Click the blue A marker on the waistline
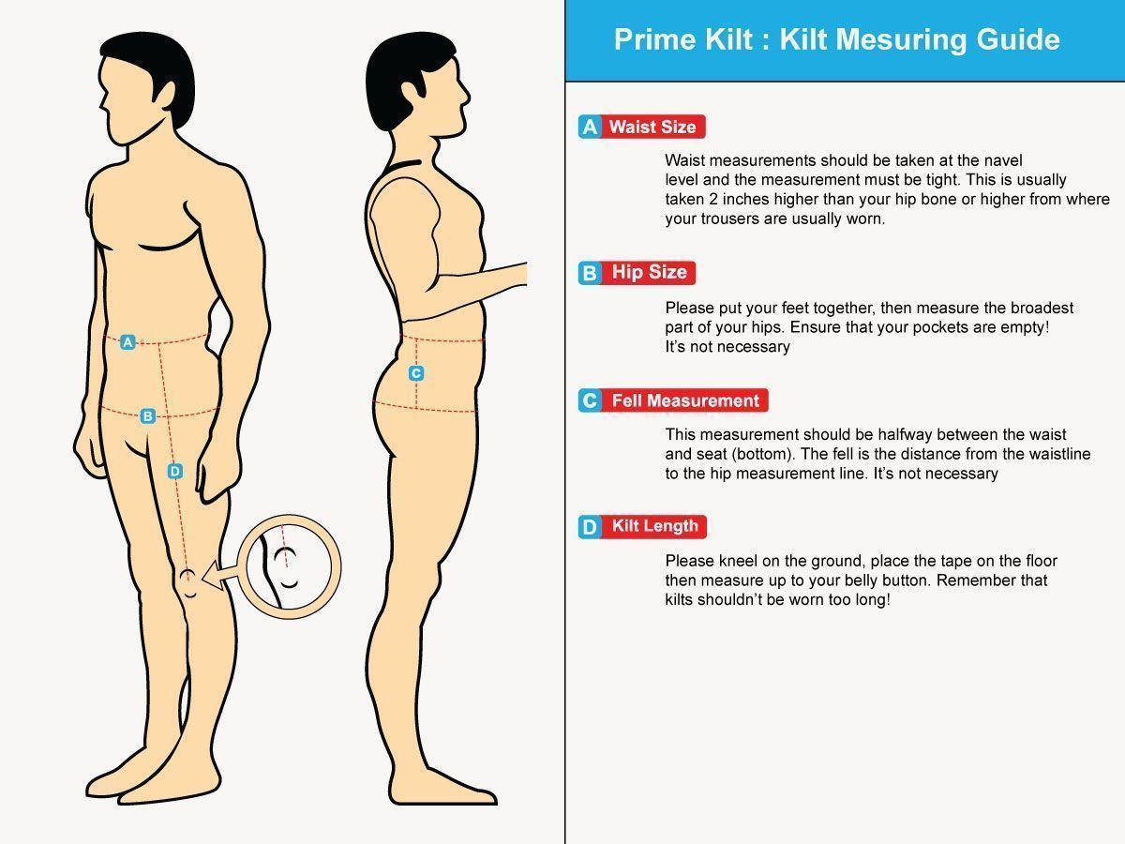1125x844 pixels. pyautogui.click(x=127, y=341)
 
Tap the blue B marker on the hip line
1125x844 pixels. pyautogui.click(x=148, y=415)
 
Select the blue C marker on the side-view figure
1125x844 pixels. pyautogui.click(x=415, y=373)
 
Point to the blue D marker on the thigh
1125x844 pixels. pyautogui.click(x=174, y=471)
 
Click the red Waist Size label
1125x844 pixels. pyautogui.click(x=652, y=127)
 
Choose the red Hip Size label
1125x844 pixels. pyautogui.click(x=649, y=272)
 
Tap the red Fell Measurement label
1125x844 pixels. pyautogui.click(x=685, y=400)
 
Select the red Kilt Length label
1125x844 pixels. pyautogui.click(x=654, y=526)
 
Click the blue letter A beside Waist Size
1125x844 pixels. pyautogui.click(x=590, y=127)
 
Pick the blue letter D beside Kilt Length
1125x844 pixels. pyautogui.click(x=590, y=527)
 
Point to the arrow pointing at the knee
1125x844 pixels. pyautogui.click(x=223, y=576)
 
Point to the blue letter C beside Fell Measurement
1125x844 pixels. pyautogui.click(x=590, y=400)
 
